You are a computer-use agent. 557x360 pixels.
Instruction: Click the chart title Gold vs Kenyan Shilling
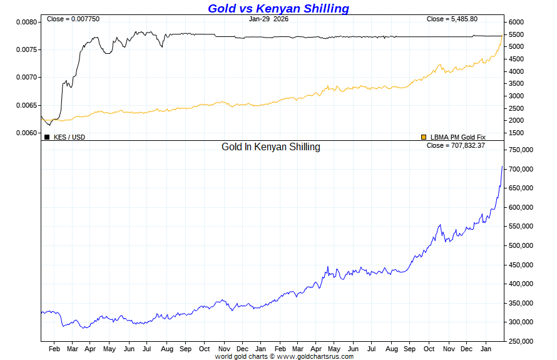pos(278,8)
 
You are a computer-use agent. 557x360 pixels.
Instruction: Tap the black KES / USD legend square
pos(47,137)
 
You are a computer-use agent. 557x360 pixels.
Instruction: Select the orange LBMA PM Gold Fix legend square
pos(424,137)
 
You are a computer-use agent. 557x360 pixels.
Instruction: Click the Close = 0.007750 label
pos(73,19)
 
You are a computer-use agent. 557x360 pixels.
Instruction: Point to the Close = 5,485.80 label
pos(452,19)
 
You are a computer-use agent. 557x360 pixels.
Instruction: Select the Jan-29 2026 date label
pos(268,19)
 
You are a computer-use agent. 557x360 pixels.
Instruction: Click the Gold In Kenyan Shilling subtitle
pos(271,147)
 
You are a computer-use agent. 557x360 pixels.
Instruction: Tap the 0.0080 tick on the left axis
pos(26,22)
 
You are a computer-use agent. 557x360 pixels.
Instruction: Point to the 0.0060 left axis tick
pos(26,133)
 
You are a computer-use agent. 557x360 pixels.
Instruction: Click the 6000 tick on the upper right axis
pos(517,22)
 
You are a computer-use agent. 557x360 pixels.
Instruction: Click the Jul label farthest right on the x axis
pos(372,349)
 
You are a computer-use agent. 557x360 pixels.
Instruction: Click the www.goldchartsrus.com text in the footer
pos(315,356)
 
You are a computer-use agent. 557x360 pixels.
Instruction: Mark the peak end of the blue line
pos(502,167)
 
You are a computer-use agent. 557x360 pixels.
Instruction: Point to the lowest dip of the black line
pos(49,125)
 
